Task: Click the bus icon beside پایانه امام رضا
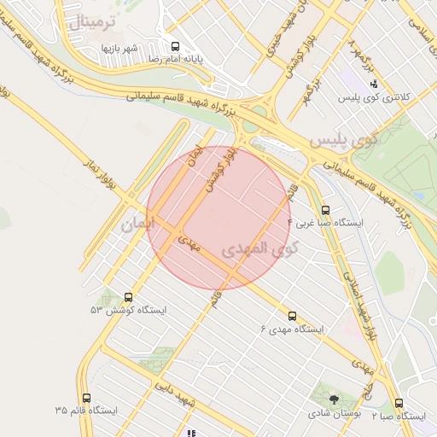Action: click(x=175, y=46)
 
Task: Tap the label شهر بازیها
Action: click(x=120, y=47)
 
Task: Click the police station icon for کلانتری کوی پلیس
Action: click(x=374, y=84)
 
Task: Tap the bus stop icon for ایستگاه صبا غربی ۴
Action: click(x=325, y=210)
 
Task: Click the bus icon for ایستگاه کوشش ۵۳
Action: click(x=129, y=297)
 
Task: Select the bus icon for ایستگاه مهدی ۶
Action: click(x=293, y=316)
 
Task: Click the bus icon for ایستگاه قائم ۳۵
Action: click(x=86, y=398)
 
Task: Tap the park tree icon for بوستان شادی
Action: click(x=333, y=399)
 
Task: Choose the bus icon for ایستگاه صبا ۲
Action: click(x=399, y=403)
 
